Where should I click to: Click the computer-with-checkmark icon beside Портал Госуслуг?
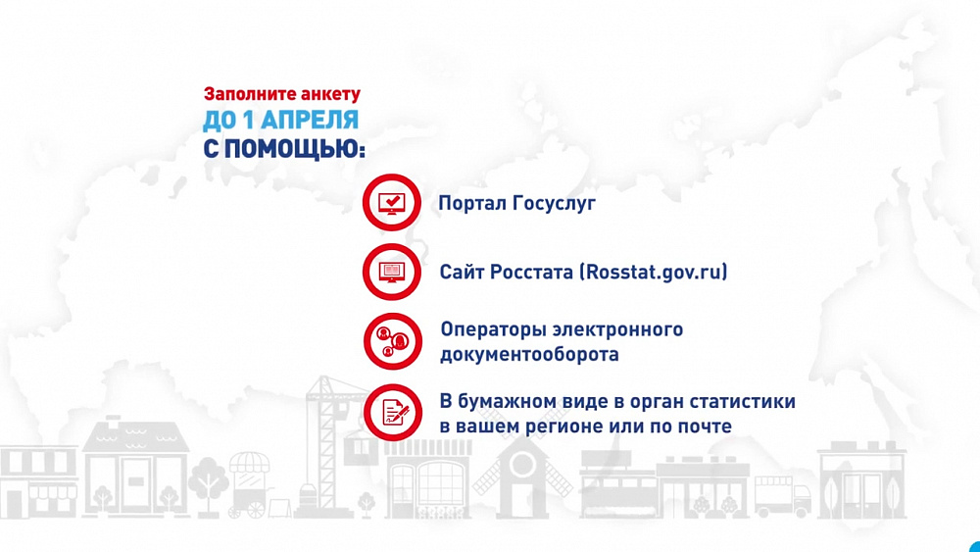(392, 203)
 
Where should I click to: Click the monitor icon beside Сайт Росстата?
(392, 272)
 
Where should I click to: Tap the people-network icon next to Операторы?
(392, 340)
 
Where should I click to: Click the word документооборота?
(529, 354)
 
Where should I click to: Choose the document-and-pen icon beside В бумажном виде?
(392, 412)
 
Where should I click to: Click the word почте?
(703, 427)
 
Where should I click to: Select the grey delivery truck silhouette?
(782, 497)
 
